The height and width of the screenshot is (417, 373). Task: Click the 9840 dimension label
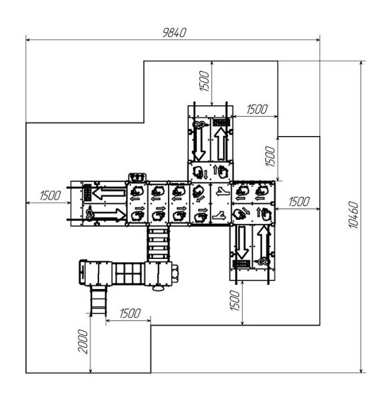pos(174,33)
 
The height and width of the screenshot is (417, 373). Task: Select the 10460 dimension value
pos(354,215)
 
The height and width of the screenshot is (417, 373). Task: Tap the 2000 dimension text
pos(83,342)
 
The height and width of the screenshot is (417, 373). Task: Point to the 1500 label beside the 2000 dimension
pos(130,314)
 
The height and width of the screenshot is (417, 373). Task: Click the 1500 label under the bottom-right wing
pos(235,300)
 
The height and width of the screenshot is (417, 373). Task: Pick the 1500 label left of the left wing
pos(50,196)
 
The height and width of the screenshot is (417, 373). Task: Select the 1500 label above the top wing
pos(205,81)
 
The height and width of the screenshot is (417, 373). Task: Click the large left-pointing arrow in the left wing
pos(109,193)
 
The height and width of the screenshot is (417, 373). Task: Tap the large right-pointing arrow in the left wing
pos(110,214)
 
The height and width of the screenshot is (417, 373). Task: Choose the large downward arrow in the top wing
pos(199,143)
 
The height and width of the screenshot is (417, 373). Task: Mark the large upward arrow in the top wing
pos(221,144)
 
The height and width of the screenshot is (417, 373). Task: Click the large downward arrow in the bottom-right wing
pos(242,242)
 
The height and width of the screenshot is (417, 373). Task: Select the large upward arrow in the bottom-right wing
pos(263,243)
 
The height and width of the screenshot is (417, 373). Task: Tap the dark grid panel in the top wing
pos(221,122)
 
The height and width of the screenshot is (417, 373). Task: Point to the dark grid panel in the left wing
pos(88,193)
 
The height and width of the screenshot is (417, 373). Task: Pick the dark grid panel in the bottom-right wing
pos(241,264)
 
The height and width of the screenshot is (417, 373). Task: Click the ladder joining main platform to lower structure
pos(158,243)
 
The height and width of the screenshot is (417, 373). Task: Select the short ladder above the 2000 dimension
pos(98,301)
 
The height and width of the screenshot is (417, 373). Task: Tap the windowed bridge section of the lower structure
pos(129,273)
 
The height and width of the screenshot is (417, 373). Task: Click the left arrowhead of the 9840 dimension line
pos(26,40)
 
